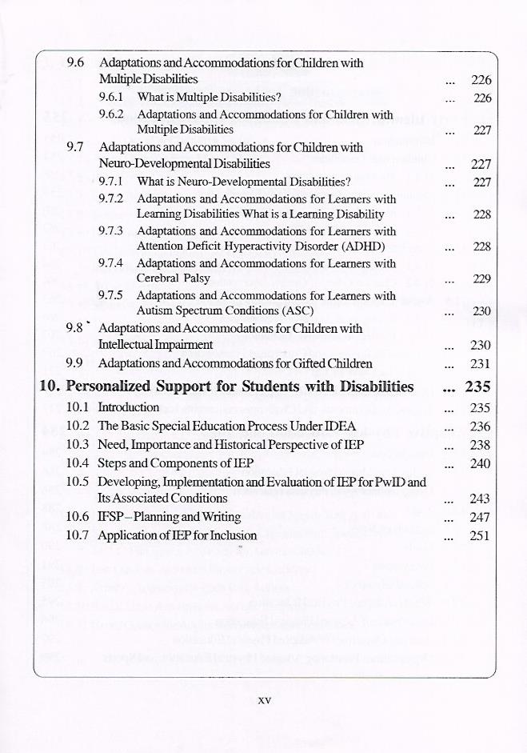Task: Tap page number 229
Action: pyautogui.click(x=481, y=279)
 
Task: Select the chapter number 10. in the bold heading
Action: pyautogui.click(x=50, y=387)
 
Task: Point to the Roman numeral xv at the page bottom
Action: pyautogui.click(x=265, y=699)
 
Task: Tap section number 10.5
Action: pyautogui.click(x=78, y=482)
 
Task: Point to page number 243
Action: pyautogui.click(x=480, y=499)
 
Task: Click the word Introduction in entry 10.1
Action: pyautogui.click(x=129, y=407)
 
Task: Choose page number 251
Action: pyautogui.click(x=480, y=536)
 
